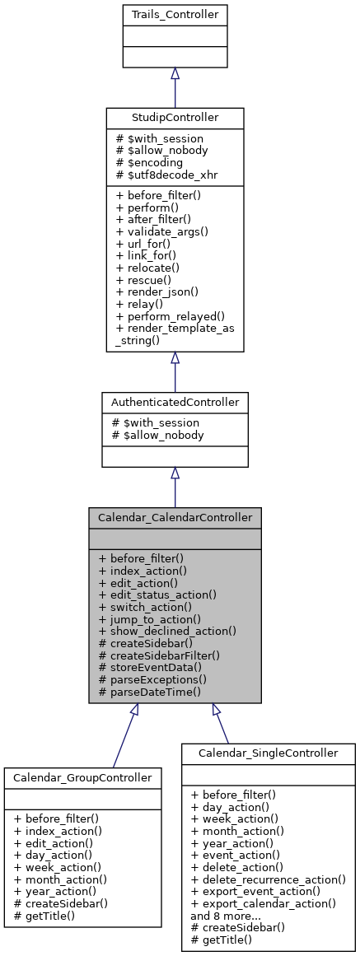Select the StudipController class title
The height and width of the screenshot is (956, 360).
pyautogui.click(x=175, y=119)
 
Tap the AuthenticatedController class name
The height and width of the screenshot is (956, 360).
pyautogui.click(x=175, y=403)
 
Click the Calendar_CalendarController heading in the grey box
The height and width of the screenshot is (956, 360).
pyautogui.click(x=175, y=518)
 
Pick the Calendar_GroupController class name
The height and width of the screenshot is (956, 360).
pyautogui.click(x=82, y=777)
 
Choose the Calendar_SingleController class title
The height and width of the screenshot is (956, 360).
pyautogui.click(x=269, y=753)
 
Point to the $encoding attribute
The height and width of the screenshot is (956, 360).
pyautogui.click(x=150, y=165)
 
